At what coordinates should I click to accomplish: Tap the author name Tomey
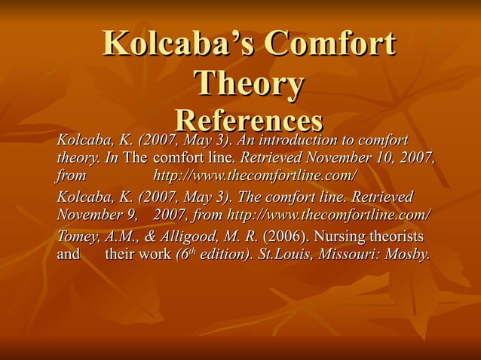(78, 236)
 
